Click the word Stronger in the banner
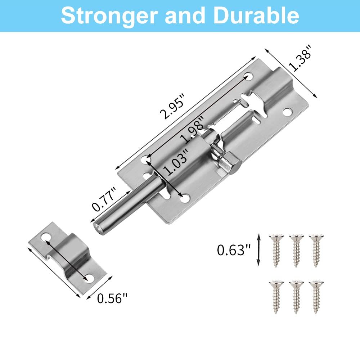coord(109,15)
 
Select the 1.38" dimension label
coord(300,58)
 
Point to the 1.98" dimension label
coord(192,129)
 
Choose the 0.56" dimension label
coord(112,298)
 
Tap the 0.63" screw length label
coord(234,250)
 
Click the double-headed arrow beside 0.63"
coord(258,250)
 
